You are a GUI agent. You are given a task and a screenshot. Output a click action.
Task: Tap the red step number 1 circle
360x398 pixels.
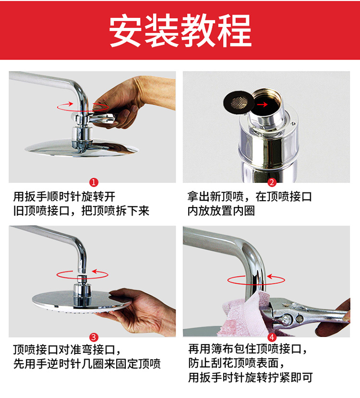pyautogui.click(x=94, y=182)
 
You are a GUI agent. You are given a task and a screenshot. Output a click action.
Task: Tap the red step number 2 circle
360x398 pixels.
pyautogui.click(x=272, y=182)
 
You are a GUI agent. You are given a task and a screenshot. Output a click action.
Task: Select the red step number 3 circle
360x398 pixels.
pyautogui.click(x=94, y=338)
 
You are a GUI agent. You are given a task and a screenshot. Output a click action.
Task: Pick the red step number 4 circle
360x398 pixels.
pyautogui.click(x=272, y=338)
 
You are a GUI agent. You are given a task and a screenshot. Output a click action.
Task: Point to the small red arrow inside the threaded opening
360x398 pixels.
pyautogui.click(x=263, y=104)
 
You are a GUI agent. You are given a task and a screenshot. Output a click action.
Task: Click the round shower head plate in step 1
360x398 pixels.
pyautogui.click(x=82, y=148)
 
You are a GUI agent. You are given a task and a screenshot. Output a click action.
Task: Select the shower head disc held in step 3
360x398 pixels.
pyautogui.click(x=81, y=302)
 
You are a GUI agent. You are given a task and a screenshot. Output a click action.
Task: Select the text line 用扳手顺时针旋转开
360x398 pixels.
pyautogui.click(x=64, y=196)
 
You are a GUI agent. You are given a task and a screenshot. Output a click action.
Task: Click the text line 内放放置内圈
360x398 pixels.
pyautogui.click(x=221, y=211)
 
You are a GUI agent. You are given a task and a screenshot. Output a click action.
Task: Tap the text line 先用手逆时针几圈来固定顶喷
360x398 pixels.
pyautogui.click(x=87, y=364)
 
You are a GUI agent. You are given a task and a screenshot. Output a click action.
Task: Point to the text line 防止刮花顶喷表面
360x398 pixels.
pyautogui.click(x=236, y=363)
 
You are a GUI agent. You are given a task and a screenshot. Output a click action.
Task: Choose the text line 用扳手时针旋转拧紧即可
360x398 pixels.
pyautogui.click(x=251, y=377)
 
